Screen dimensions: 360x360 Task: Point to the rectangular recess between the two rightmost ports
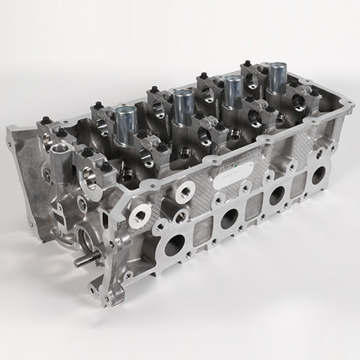click(297, 184)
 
